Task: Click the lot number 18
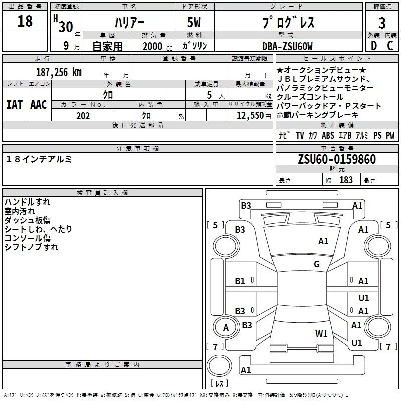(25, 21)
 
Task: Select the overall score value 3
(382, 23)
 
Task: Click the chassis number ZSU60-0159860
(336, 159)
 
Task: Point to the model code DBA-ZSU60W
(287, 47)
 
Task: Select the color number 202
(83, 116)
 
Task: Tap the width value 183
(346, 180)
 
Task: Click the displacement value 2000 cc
(157, 47)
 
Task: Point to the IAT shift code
(14, 104)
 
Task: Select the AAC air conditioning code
(38, 104)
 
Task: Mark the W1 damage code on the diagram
(321, 333)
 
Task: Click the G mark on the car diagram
(317, 264)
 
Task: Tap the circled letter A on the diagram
(226, 328)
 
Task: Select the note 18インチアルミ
(39, 159)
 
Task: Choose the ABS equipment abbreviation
(328, 135)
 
